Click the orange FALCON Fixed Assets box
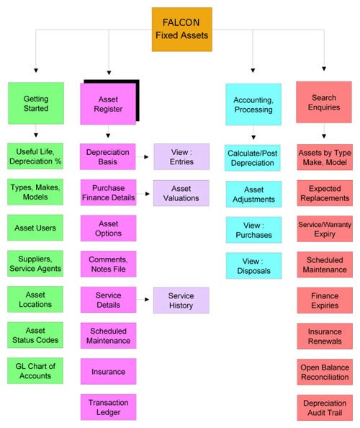182,30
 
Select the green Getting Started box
36,103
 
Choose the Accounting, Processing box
253,104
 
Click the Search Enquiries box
324,102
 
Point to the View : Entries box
181,156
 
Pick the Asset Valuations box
181,193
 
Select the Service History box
181,300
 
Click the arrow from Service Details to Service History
143,300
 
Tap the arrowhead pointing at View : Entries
146,157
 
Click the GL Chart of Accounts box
35,370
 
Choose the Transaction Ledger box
108,407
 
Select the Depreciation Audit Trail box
325,408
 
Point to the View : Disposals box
253,266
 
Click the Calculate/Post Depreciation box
253,158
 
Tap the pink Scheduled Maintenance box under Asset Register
108,336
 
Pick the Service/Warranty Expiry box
325,228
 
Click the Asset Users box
35,228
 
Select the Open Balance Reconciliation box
325,372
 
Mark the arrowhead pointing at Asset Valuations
148,194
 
